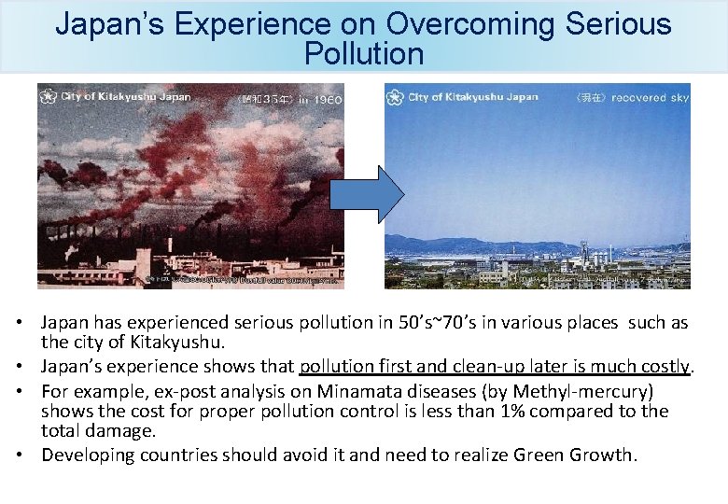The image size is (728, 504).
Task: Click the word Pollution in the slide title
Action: [363, 54]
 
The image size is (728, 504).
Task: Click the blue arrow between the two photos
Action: [366, 194]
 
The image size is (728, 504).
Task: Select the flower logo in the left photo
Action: [49, 97]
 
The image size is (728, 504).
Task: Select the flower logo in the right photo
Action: [396, 97]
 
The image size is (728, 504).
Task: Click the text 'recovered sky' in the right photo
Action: [651, 98]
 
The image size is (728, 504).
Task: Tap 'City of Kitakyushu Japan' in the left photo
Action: [126, 97]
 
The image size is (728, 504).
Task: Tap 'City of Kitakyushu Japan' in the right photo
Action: [473, 97]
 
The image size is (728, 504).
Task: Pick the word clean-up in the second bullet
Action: [448, 367]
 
